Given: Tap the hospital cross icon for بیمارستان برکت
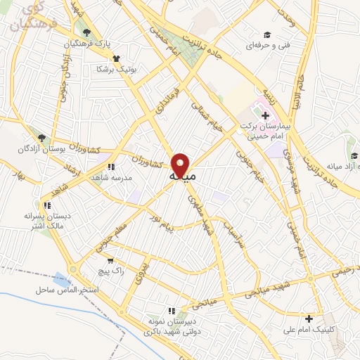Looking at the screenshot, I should click(x=265, y=115).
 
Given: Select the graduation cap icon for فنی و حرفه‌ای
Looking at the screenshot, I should click(x=266, y=35).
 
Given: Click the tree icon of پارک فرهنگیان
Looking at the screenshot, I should click(x=86, y=33).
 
